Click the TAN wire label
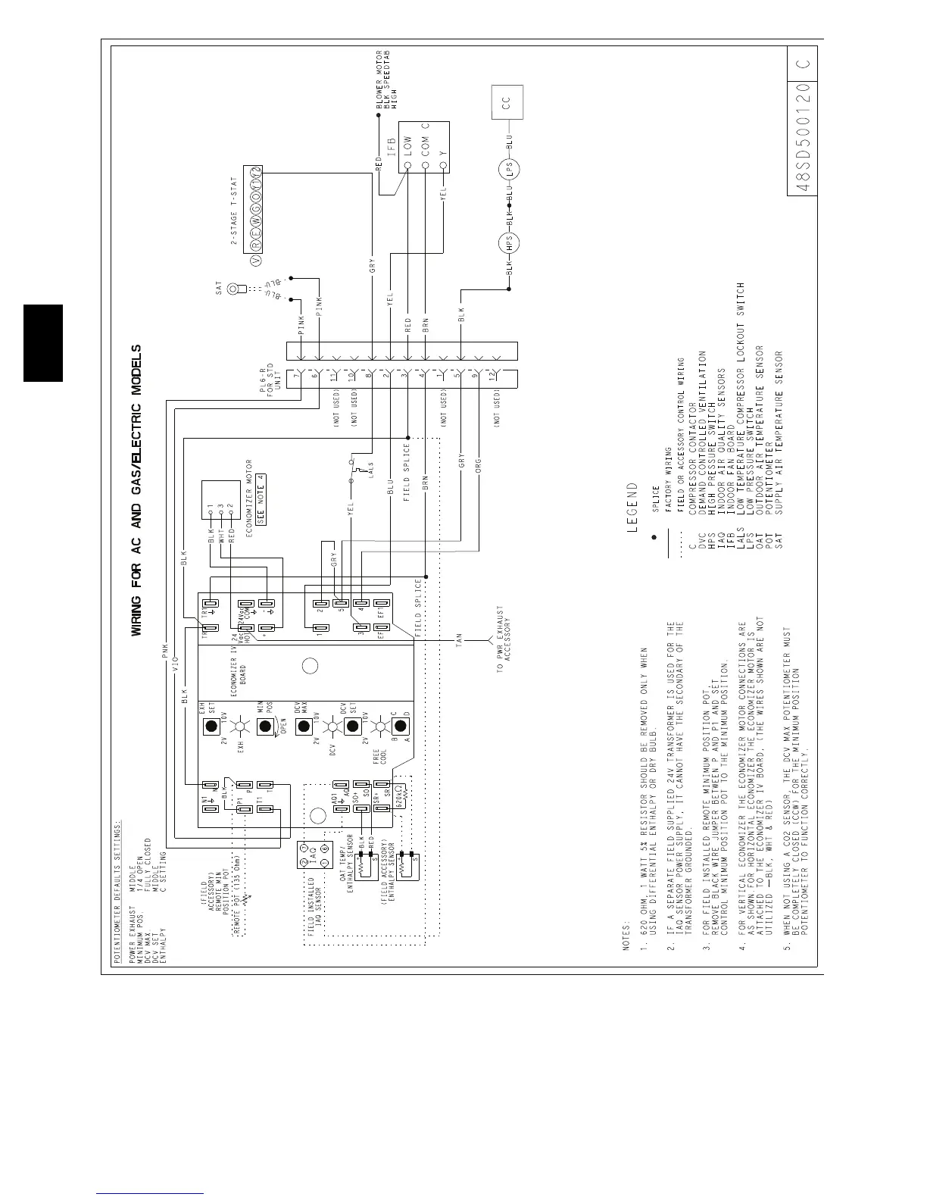click(457, 640)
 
